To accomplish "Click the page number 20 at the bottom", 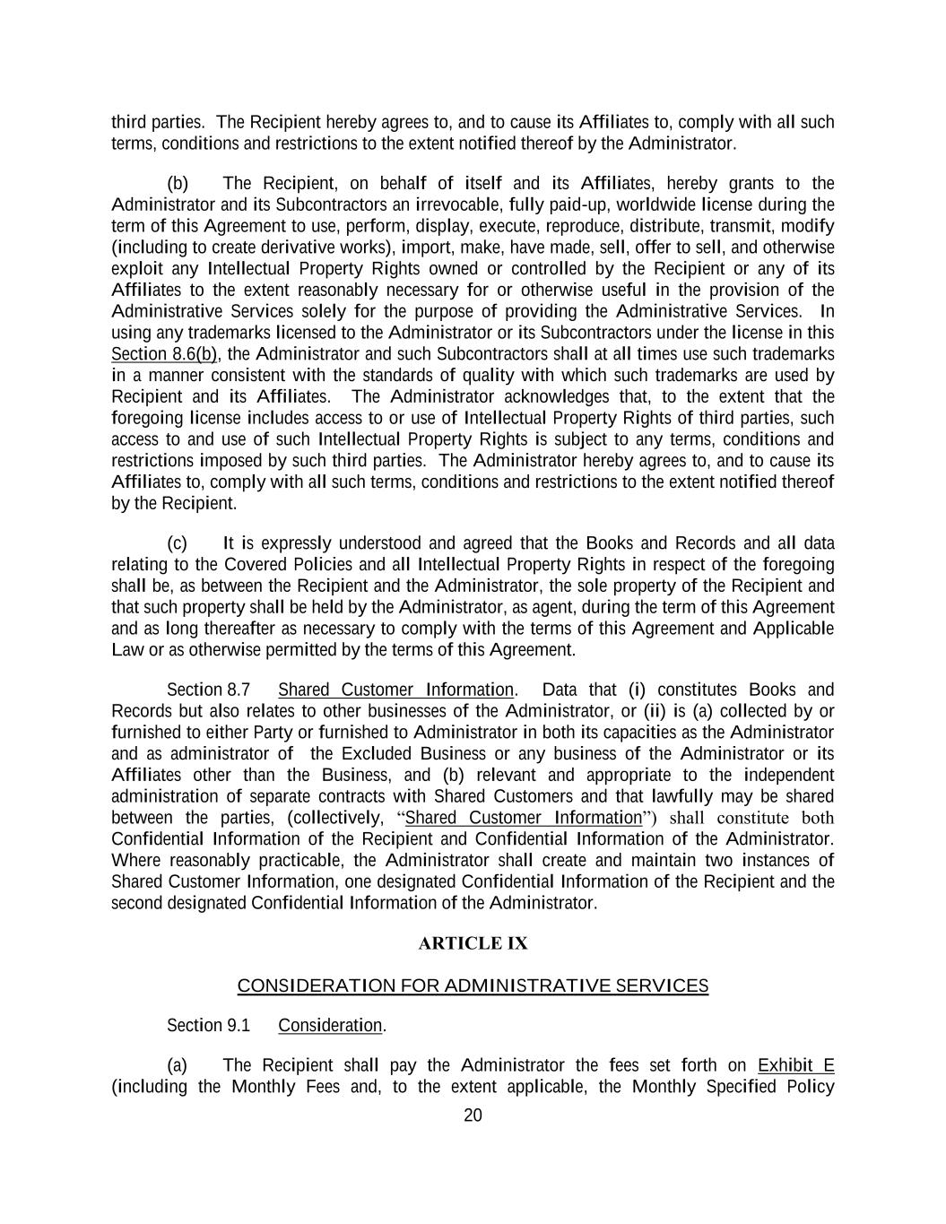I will (x=473, y=1115).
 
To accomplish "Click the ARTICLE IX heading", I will (x=473, y=943).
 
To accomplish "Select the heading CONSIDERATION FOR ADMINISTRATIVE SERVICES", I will (x=473, y=986).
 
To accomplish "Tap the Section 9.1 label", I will (x=208, y=1025).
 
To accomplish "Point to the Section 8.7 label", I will (x=208, y=690).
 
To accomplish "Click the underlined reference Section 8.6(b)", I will (x=165, y=353).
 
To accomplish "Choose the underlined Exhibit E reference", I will (x=795, y=1065).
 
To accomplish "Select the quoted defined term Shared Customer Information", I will (x=524, y=818).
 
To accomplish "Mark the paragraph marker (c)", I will (x=178, y=543).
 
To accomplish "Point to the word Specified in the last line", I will (x=741, y=1087).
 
